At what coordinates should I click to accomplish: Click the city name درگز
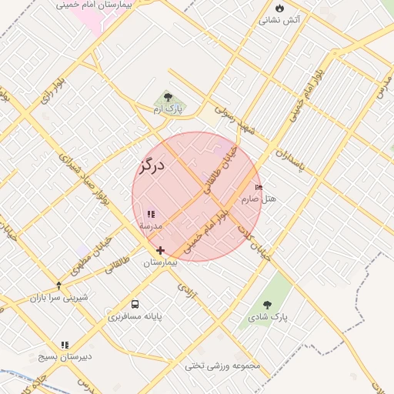coord(152,165)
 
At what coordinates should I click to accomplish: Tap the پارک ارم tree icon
coord(168,98)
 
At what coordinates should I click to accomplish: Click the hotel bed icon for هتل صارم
coord(259,187)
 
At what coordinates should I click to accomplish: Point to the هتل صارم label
coord(259,199)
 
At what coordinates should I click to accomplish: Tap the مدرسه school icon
coord(151,214)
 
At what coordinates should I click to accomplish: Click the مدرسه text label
coord(151,226)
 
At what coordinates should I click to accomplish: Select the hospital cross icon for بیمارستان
coord(160,250)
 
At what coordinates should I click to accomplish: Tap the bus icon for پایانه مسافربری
coord(135,304)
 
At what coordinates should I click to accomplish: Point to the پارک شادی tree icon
coord(267,306)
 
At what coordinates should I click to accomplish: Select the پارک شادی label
coord(267,317)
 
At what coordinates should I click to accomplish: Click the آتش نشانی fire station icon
coord(279,8)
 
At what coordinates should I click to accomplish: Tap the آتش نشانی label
coord(279,20)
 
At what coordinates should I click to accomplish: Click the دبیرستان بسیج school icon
coord(65,346)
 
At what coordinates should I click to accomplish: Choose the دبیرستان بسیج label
coord(65,358)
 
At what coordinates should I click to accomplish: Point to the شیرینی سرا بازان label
coord(59,297)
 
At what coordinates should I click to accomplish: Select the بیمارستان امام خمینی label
coord(95,5)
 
